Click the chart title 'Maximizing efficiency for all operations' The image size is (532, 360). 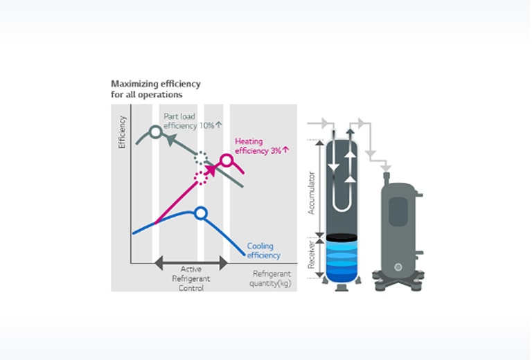[155, 89]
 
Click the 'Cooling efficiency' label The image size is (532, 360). [263, 251]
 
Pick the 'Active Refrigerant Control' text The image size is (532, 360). [190, 278]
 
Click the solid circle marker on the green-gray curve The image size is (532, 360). [156, 131]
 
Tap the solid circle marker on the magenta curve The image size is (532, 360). [226, 161]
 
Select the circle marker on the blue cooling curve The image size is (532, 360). [200, 213]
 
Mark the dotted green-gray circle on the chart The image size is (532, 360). [201, 158]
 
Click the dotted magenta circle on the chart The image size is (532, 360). [201, 178]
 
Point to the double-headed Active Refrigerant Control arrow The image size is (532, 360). [190, 262]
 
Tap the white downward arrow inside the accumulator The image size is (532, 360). [335, 162]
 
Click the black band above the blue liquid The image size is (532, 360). [342, 237]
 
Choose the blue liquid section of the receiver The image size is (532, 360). [342, 262]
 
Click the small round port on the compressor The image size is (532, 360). [398, 267]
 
